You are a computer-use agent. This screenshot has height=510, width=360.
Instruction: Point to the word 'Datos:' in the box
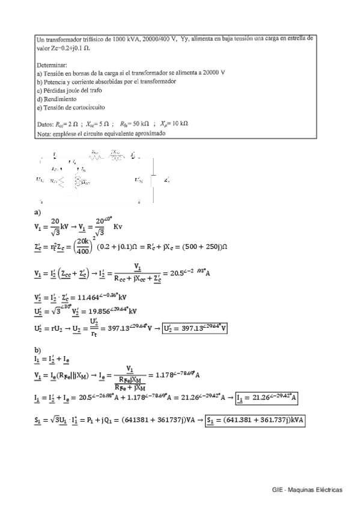pyautogui.click(x=47, y=123)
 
